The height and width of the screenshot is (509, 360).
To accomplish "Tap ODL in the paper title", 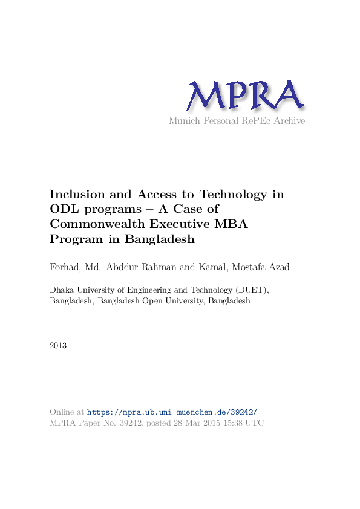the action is point(62,209).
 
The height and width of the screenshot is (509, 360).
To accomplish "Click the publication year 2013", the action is point(58,346).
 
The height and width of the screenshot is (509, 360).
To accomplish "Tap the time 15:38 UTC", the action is point(244,423).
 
